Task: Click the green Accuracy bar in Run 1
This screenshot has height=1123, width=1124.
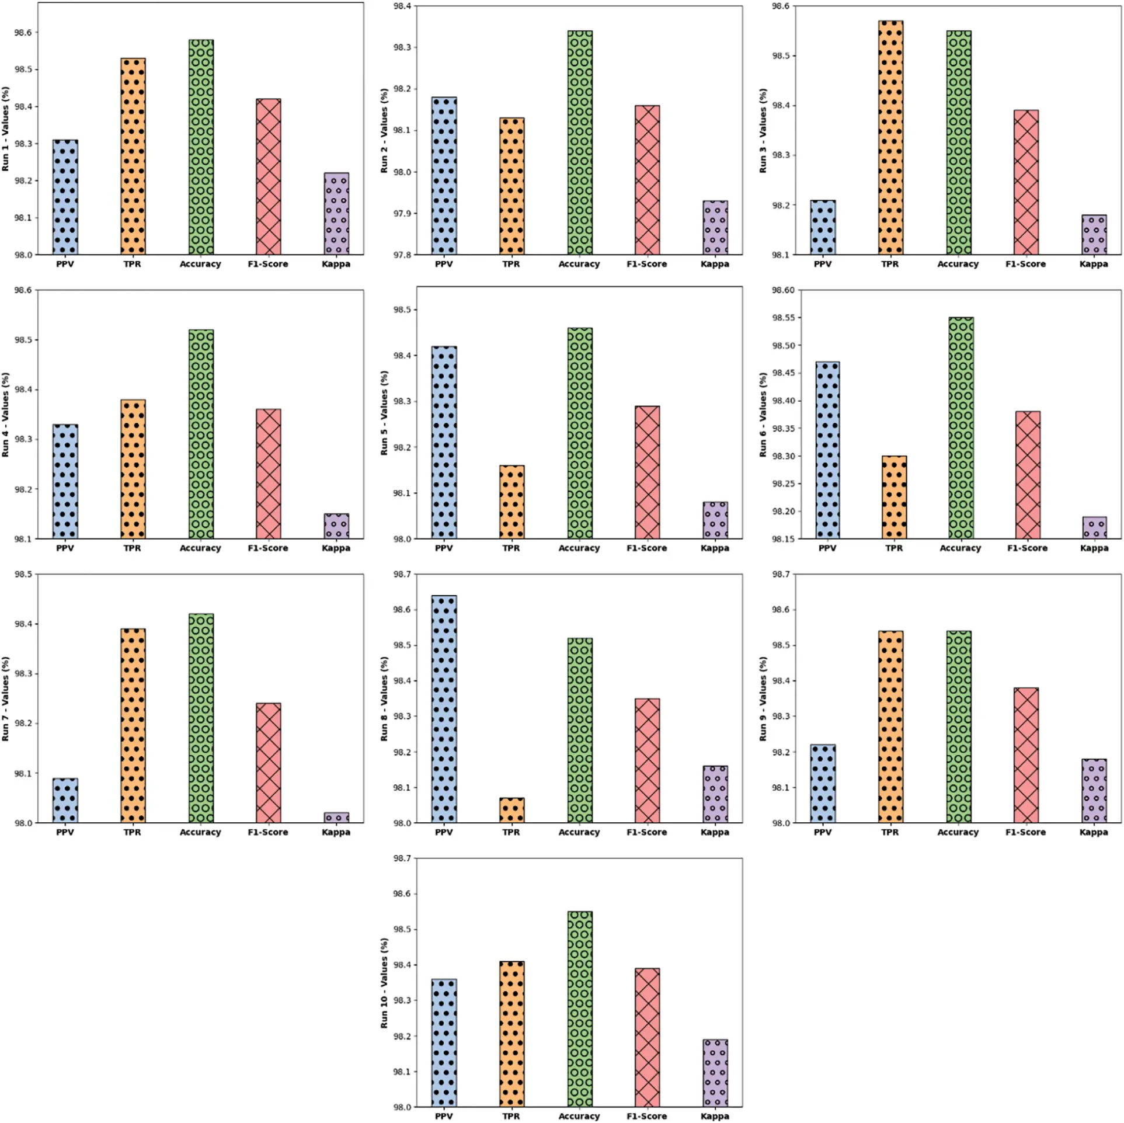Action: pos(201,147)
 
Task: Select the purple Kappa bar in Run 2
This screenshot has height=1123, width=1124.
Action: pos(715,228)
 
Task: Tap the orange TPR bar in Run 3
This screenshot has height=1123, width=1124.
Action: pos(890,138)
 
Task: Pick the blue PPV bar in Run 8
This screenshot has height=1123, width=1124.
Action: pos(444,709)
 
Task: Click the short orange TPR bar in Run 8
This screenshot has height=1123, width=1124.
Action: pos(511,810)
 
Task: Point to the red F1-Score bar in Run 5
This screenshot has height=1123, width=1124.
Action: pos(647,472)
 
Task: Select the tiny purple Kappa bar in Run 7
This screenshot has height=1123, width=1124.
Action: pos(336,817)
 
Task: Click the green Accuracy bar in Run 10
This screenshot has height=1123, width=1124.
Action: pos(579,1009)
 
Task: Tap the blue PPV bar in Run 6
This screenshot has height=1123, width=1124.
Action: pos(827,450)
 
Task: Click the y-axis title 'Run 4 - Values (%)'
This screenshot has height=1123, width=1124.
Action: pos(5,415)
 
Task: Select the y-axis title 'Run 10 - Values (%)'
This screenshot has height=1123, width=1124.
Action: pos(384,983)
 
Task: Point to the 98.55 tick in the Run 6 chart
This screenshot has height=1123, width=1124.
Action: pos(783,318)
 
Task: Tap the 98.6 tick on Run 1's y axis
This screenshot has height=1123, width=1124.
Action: pos(23,33)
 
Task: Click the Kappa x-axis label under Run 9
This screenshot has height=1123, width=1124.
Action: pos(1093,832)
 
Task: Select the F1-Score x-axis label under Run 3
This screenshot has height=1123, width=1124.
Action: pos(1025,264)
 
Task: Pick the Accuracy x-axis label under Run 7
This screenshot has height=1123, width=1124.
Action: pos(200,832)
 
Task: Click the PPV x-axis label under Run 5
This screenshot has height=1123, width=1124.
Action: pos(444,548)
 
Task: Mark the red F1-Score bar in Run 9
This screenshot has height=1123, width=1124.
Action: pos(1026,755)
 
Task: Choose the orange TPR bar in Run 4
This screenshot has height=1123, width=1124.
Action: pos(133,469)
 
